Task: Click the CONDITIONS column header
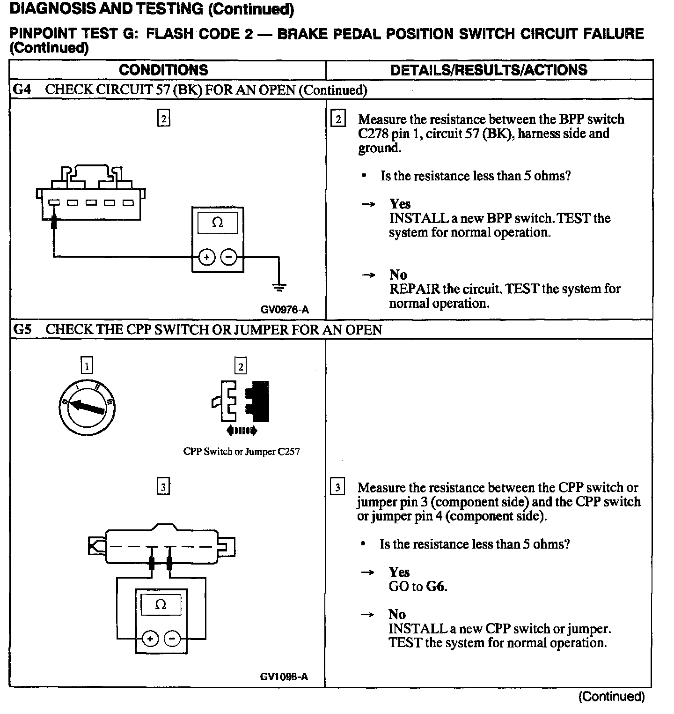tap(163, 70)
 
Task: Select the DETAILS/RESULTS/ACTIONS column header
tap(489, 70)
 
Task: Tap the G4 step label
tap(22, 89)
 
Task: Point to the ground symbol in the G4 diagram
tap(279, 287)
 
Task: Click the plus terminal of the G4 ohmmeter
tap(206, 257)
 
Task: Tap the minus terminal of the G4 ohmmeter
tap(228, 257)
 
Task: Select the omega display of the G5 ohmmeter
tap(161, 605)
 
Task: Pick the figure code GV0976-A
tap(285, 310)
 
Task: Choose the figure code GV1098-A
tap(284, 677)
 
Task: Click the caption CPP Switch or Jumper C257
tap(242, 452)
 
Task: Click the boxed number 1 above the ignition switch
tap(87, 365)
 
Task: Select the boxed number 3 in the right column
tap(337, 488)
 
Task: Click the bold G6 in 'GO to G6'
tap(435, 586)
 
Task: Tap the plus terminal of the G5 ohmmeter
tap(150, 639)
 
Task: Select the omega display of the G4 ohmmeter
tap(218, 223)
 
